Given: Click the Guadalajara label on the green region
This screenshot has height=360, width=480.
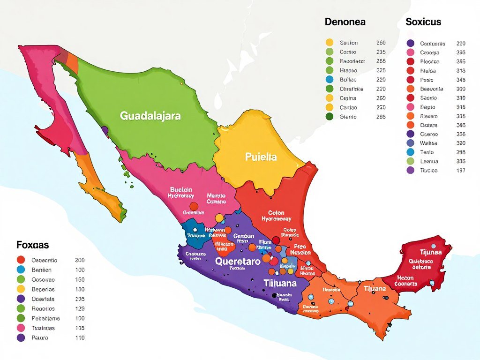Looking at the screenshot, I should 150,116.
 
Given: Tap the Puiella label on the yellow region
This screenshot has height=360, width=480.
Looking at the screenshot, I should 261,157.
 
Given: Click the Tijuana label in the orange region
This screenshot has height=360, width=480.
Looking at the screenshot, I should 375,289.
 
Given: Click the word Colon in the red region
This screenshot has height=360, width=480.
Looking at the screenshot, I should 276,213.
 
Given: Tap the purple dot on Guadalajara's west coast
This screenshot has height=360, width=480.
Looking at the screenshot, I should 105,130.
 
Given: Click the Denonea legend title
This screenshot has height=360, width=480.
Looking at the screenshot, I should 345,22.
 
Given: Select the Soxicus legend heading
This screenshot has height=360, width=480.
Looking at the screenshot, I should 423,22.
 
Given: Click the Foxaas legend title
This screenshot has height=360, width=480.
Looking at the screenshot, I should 32,245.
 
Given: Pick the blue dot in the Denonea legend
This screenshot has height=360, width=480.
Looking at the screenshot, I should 329,80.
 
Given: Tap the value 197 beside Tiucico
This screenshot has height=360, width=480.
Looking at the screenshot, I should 460,170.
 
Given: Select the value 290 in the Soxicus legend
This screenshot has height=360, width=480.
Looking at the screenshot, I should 460,43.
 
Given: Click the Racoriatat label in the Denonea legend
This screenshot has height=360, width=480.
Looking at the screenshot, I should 352,61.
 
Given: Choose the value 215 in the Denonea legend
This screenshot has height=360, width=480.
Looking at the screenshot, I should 381,52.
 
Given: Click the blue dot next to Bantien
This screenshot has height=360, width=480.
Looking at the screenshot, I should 21,270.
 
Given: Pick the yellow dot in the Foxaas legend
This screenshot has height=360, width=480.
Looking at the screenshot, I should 21,289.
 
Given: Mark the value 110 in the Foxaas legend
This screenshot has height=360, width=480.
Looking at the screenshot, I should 80,337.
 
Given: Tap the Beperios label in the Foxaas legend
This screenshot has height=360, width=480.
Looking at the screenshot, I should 43,289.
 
